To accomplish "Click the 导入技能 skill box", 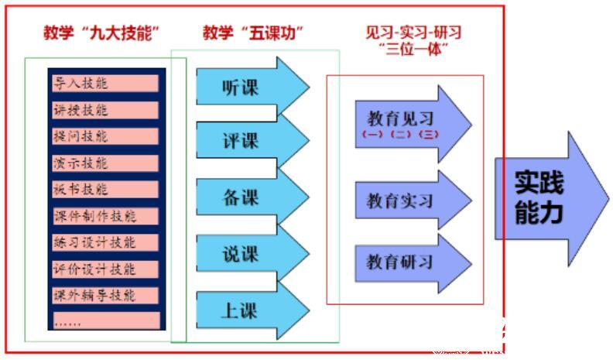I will tap(105, 83).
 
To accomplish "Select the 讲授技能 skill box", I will tap(105, 110).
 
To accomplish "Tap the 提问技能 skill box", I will tap(105, 136).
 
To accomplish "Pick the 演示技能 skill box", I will tap(105, 163).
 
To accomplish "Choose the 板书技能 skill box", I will tap(105, 189).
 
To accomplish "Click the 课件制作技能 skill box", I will tap(105, 215).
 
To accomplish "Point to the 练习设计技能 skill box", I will tap(105, 242).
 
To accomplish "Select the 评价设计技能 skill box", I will tap(105, 269).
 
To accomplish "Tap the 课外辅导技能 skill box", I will tap(105, 295).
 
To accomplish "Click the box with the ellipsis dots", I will tap(105, 320).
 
